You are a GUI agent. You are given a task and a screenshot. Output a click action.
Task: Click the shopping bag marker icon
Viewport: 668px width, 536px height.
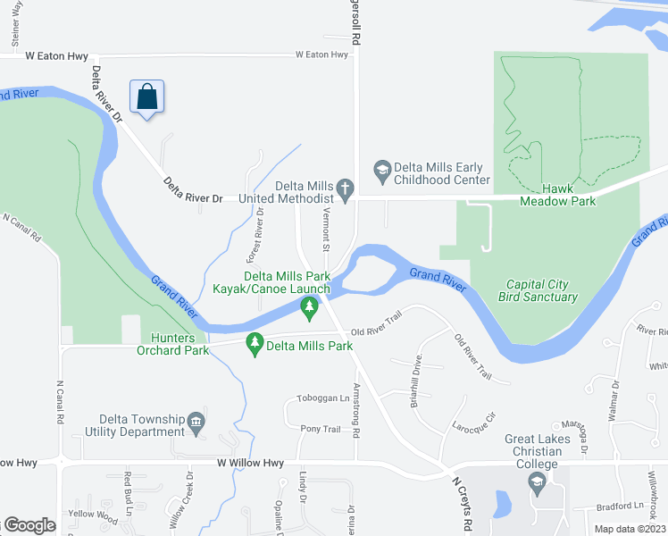(x=147, y=96)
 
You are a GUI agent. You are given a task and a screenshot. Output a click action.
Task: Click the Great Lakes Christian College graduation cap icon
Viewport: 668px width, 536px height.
(x=537, y=483)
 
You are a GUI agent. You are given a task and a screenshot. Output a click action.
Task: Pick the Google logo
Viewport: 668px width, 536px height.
(x=29, y=525)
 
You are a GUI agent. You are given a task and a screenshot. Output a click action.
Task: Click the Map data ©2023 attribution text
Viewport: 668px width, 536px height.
(x=629, y=529)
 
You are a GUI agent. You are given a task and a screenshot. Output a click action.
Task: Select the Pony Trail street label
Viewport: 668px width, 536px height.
(x=320, y=429)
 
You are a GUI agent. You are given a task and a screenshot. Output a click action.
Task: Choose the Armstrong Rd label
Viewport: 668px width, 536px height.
(x=356, y=409)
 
